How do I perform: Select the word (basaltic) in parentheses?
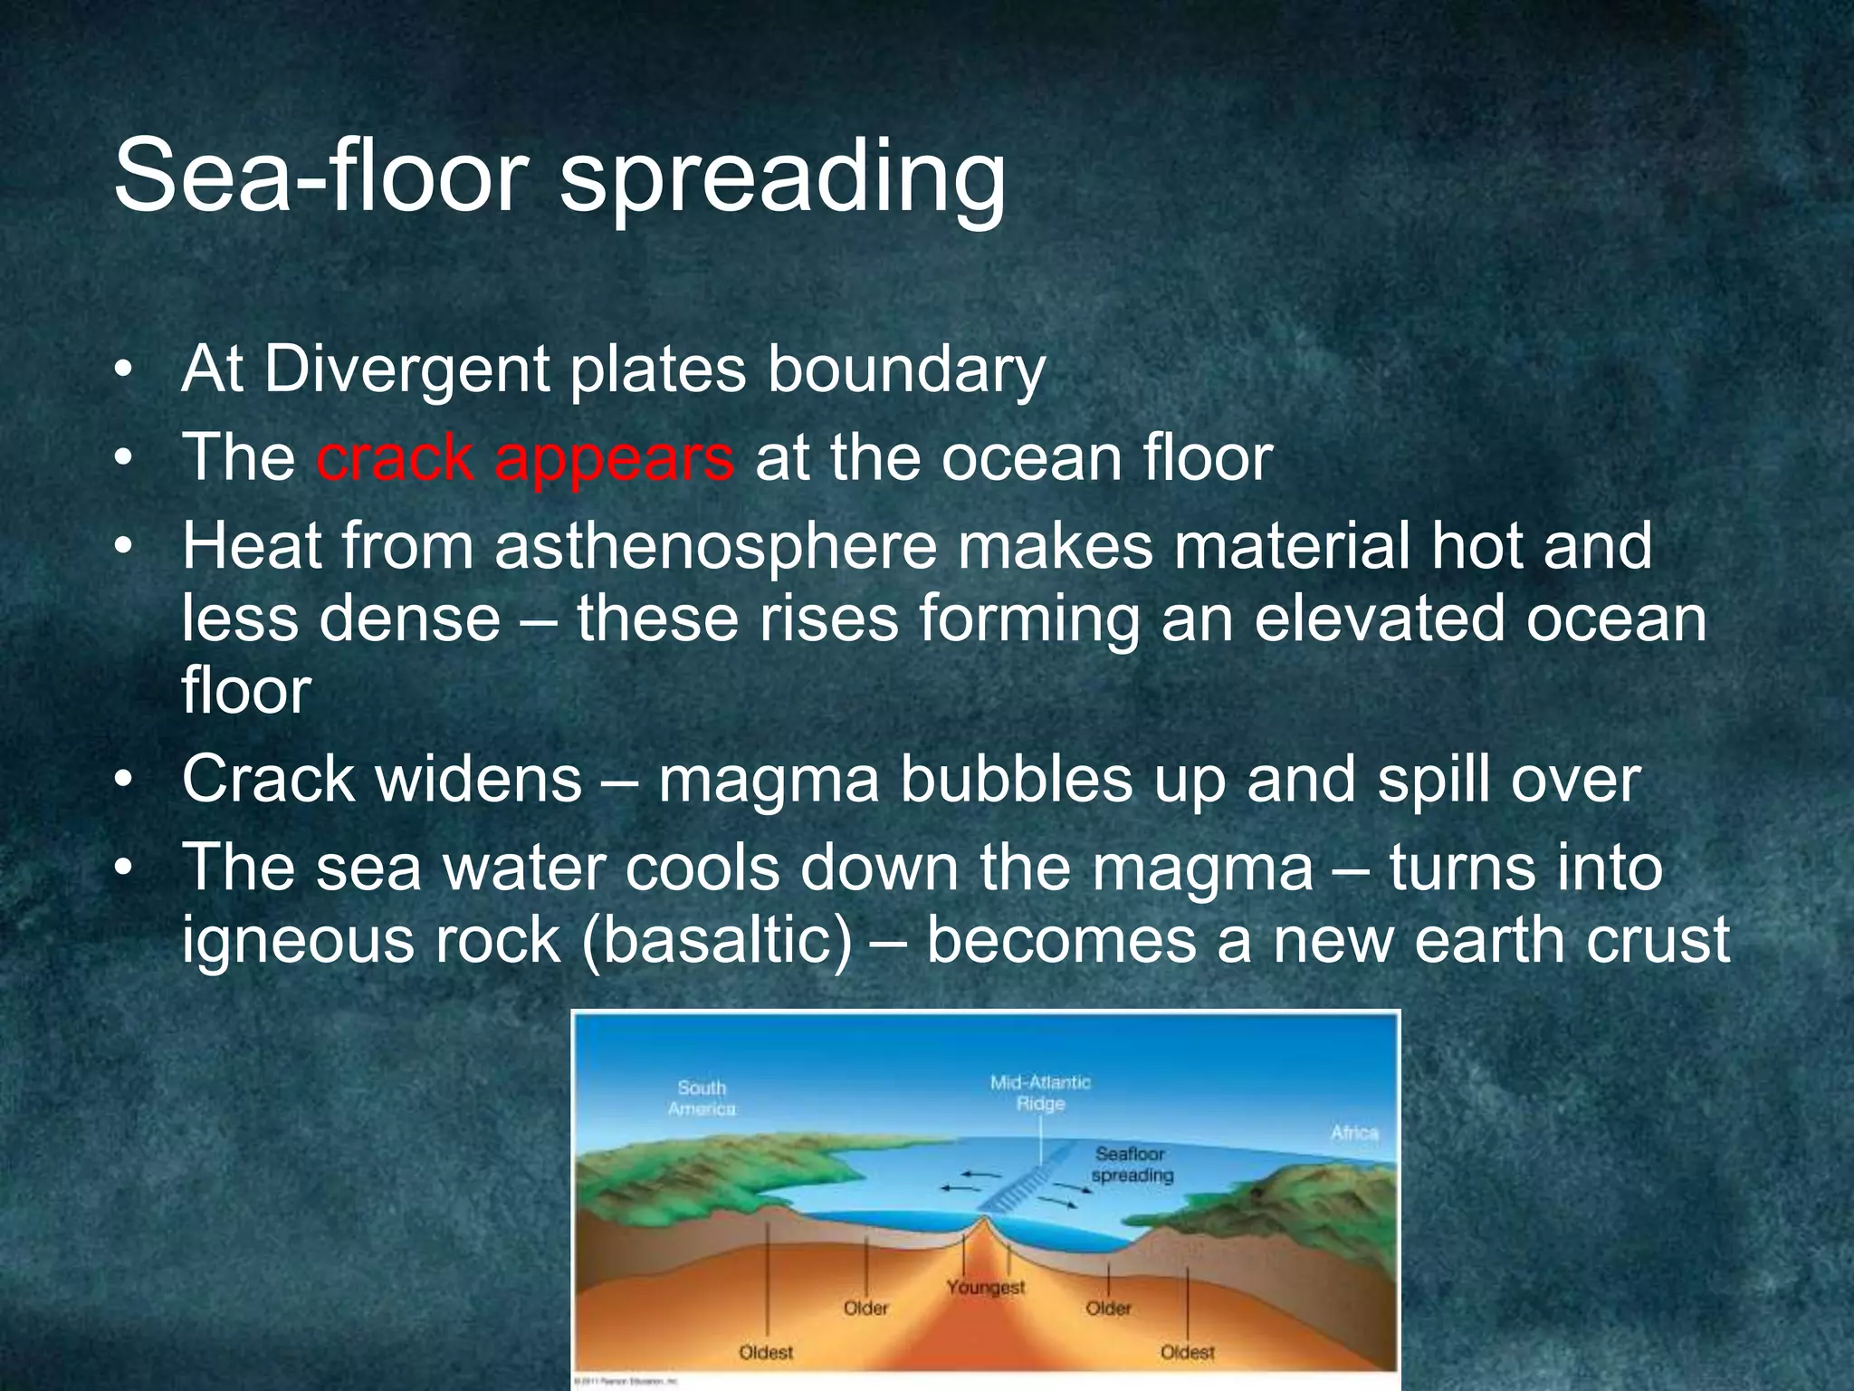click(x=717, y=939)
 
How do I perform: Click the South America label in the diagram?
click(x=702, y=1098)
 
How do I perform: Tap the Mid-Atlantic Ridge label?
click(x=1040, y=1092)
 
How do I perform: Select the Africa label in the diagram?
click(x=1353, y=1133)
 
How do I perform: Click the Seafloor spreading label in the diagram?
click(x=1131, y=1165)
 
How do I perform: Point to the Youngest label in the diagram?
click(x=986, y=1287)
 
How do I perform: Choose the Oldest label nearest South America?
click(x=766, y=1352)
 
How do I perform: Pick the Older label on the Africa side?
click(x=1109, y=1309)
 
